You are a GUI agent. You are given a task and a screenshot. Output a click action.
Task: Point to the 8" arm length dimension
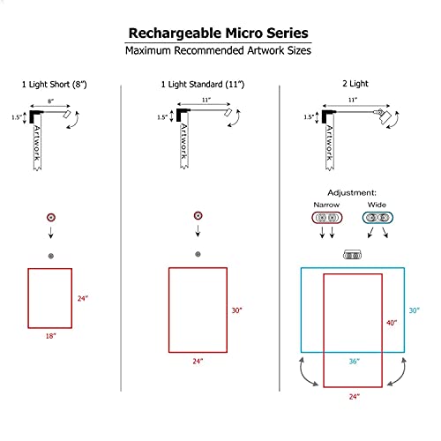(x=50, y=102)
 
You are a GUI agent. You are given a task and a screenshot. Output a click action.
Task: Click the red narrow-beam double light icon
(x=327, y=217)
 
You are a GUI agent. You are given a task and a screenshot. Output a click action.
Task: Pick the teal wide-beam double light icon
(x=377, y=217)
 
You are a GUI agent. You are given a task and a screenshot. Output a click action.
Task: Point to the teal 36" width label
(x=353, y=362)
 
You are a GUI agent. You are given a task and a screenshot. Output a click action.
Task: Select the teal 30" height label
(x=415, y=310)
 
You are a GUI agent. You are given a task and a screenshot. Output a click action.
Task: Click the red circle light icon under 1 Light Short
(x=50, y=217)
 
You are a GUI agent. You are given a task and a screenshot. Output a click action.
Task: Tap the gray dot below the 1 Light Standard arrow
(x=198, y=254)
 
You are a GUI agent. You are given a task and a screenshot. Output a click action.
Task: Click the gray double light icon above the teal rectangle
(x=352, y=255)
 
